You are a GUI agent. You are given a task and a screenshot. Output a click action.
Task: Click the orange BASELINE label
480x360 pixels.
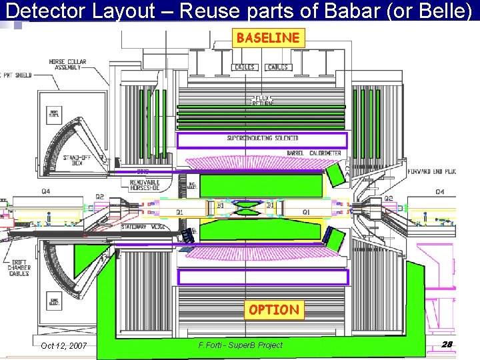tap(268, 38)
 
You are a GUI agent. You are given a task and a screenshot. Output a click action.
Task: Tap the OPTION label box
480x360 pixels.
tap(274, 310)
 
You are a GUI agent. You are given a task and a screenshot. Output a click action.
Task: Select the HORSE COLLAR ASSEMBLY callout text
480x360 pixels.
tap(67, 65)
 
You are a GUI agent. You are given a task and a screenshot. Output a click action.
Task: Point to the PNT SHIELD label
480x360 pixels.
tap(15, 75)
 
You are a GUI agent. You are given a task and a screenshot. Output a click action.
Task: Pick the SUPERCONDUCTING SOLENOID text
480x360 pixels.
tap(261, 139)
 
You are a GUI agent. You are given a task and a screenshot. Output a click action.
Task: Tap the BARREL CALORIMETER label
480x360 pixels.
tap(313, 153)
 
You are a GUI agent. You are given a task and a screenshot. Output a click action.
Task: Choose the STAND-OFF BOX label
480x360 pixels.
tap(77, 161)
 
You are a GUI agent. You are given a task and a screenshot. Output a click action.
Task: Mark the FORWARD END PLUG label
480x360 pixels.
tap(434, 171)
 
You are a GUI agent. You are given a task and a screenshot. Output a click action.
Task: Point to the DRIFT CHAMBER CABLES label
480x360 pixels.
tap(19, 267)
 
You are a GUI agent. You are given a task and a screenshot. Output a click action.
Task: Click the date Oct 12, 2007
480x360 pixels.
tap(63, 345)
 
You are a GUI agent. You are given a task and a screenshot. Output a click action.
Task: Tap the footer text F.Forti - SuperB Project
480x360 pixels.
tap(240, 345)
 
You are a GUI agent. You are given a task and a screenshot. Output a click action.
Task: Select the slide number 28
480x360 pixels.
tap(447, 344)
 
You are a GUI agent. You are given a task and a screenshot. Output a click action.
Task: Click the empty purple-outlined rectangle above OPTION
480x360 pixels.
tap(263, 277)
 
